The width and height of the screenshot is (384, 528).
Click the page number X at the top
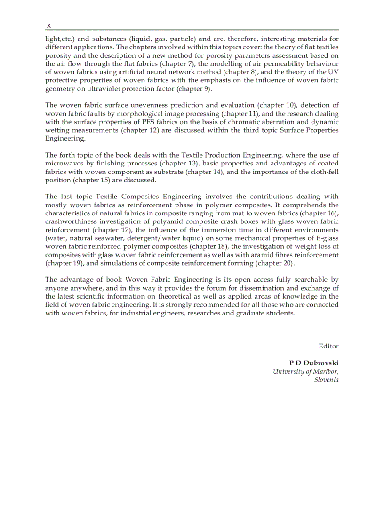(49, 25)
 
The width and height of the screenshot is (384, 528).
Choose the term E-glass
(324, 238)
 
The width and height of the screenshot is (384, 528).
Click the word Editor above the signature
(328, 346)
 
